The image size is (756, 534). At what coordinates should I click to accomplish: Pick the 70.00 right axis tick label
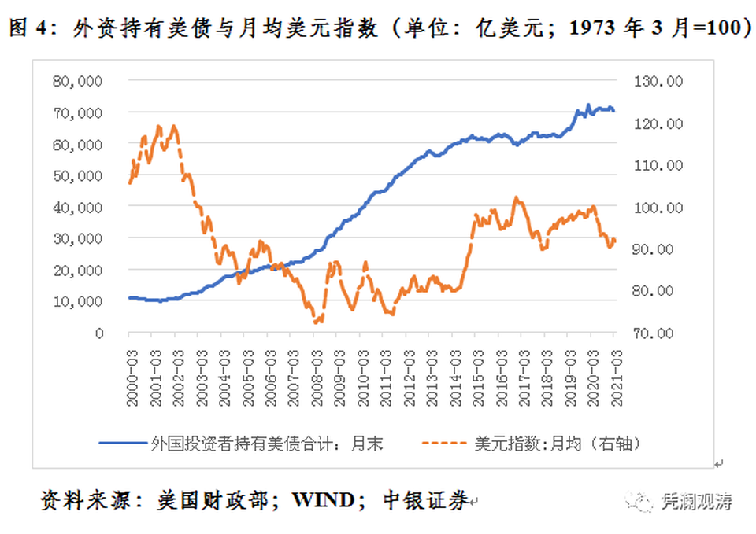(x=664, y=333)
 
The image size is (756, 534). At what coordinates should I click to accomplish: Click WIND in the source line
(x=327, y=499)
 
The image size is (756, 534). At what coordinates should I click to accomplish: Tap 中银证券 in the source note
(x=426, y=499)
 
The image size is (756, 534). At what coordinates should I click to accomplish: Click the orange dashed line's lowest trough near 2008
(x=317, y=321)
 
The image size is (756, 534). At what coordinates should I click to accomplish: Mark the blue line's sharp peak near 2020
(x=587, y=105)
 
